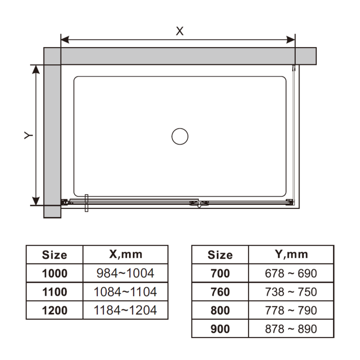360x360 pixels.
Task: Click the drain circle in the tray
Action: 180,128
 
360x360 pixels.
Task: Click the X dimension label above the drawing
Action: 180,31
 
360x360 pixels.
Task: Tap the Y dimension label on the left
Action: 28,135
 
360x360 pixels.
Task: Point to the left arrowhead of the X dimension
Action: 65,40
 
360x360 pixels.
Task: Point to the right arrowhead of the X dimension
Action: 291,40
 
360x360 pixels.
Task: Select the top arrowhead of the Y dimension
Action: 36,69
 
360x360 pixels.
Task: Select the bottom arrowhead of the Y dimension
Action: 36,201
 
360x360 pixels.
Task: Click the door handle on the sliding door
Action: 86,203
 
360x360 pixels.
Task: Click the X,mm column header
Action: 126,254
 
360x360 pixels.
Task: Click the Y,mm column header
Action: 291,254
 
